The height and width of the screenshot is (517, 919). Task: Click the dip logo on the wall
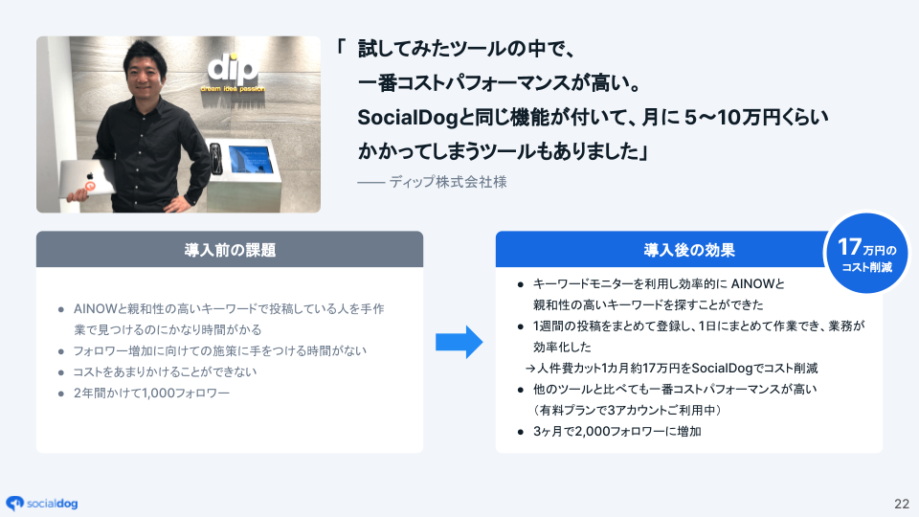232,70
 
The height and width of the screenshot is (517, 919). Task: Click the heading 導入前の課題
230,250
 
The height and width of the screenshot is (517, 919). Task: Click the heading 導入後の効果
688,250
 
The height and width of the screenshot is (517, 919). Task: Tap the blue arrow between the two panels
459,342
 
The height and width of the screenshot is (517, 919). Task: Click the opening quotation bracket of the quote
342,47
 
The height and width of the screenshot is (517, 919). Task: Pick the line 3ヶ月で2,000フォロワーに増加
617,431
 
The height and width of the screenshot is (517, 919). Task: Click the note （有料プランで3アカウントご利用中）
626,410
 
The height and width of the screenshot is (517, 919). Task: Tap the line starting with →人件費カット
670,368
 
